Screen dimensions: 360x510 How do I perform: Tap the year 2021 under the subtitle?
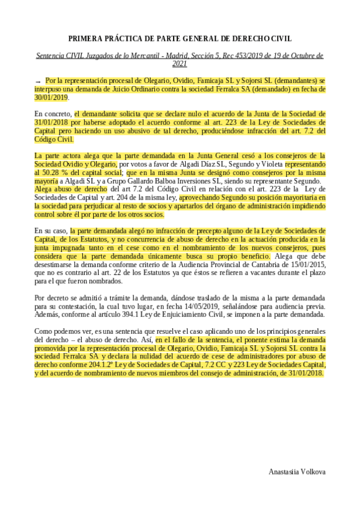pyautogui.click(x=180, y=64)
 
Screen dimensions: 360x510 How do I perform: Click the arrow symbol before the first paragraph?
pyautogui.click(x=38, y=80)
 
